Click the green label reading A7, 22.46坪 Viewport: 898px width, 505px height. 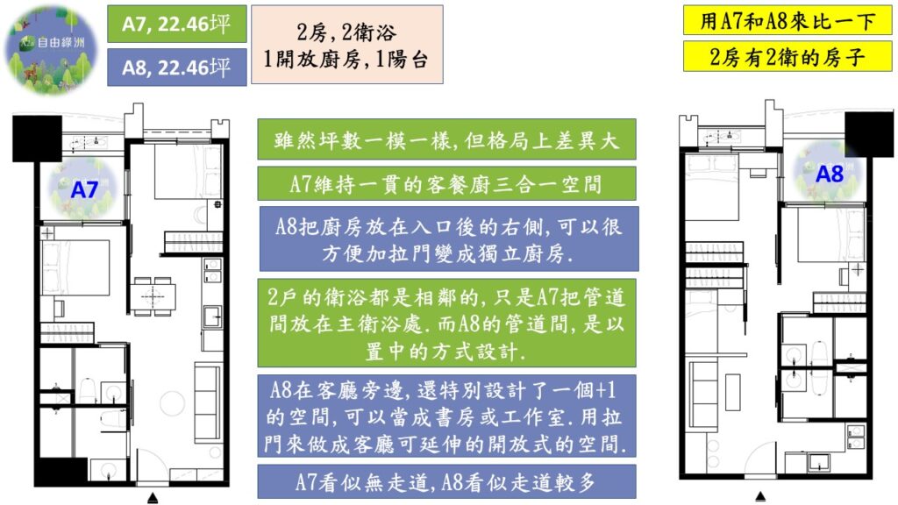176,24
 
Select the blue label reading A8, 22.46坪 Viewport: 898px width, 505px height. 176,67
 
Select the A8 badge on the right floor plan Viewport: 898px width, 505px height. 828,173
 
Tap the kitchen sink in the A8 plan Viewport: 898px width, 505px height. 822,463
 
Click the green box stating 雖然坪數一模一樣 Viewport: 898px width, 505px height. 447,140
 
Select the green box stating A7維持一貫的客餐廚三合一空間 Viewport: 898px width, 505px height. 447,183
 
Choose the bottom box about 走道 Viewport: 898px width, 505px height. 447,482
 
